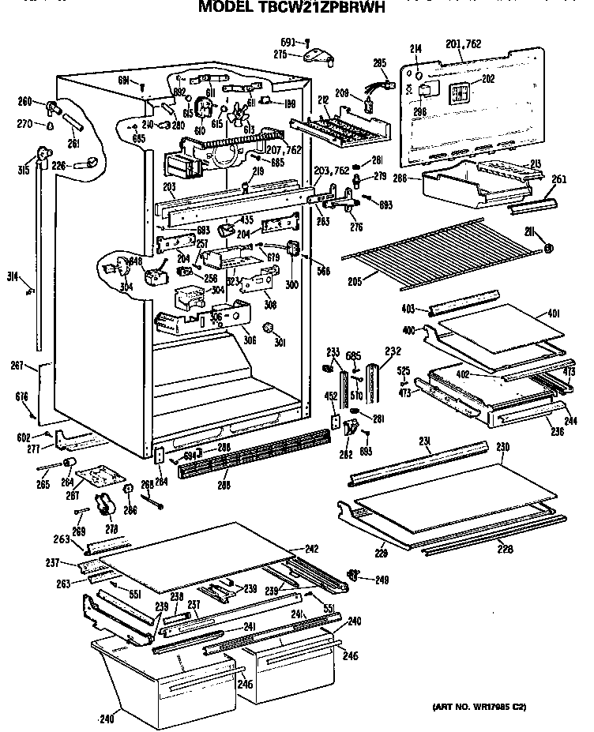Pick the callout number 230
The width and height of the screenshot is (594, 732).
click(x=502, y=448)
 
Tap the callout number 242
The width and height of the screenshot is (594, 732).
click(x=290, y=548)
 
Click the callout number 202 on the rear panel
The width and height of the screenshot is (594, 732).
click(x=488, y=79)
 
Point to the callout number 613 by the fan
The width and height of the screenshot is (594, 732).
click(x=250, y=130)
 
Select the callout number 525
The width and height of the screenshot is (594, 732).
click(x=403, y=370)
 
